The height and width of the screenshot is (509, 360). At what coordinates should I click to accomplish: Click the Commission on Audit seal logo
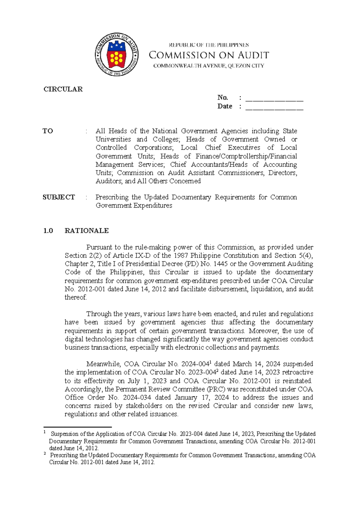(x=117, y=54)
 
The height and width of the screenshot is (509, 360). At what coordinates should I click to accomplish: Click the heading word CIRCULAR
(x=63, y=89)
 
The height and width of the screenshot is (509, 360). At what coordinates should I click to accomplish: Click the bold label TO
(x=48, y=131)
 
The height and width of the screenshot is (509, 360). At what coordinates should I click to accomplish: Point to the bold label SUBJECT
(x=59, y=197)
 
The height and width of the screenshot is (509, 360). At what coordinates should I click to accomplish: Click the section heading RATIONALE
(x=87, y=230)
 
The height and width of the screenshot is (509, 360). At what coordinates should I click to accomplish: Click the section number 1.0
(x=48, y=230)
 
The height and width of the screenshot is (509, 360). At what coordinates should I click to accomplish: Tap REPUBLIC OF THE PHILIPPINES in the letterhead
(x=209, y=45)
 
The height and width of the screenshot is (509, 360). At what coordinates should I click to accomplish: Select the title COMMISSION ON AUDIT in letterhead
(x=209, y=55)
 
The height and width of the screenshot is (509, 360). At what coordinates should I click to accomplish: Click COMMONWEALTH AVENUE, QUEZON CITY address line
(x=209, y=66)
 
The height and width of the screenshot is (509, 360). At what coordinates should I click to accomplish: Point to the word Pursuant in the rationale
(x=99, y=247)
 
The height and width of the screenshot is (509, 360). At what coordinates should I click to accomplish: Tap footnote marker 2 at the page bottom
(x=45, y=454)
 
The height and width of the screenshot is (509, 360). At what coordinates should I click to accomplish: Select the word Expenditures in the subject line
(x=153, y=206)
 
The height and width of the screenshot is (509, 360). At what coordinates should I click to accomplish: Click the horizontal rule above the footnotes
(x=77, y=426)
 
